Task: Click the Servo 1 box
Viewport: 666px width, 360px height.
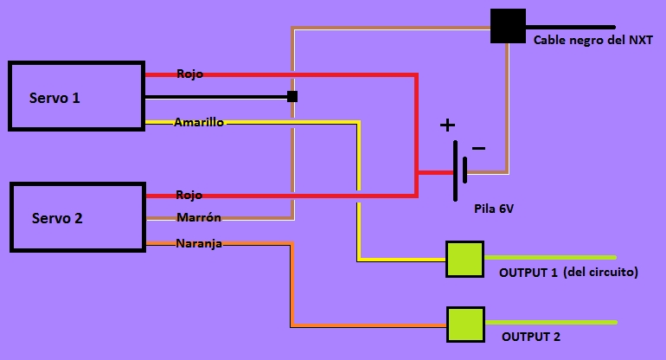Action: click(76, 96)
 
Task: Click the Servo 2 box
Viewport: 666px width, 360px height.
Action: click(77, 217)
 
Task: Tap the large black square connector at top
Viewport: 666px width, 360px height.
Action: click(508, 26)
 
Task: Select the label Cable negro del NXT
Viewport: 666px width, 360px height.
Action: click(592, 40)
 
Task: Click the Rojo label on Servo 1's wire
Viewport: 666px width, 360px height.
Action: click(189, 74)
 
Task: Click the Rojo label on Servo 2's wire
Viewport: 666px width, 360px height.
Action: click(189, 196)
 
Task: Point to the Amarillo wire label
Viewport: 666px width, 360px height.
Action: click(199, 123)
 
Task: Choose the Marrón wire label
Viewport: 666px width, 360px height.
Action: click(199, 217)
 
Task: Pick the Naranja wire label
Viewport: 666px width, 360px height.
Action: click(199, 244)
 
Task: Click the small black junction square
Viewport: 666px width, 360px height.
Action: click(292, 96)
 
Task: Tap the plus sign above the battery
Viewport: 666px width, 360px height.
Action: click(447, 125)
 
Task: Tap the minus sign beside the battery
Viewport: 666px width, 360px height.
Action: click(478, 149)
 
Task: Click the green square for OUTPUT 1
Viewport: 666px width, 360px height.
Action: click(464, 260)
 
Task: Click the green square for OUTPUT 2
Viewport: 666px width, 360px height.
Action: click(464, 325)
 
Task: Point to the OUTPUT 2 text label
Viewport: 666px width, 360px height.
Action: click(530, 337)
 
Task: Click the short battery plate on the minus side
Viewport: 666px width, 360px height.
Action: click(465, 170)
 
